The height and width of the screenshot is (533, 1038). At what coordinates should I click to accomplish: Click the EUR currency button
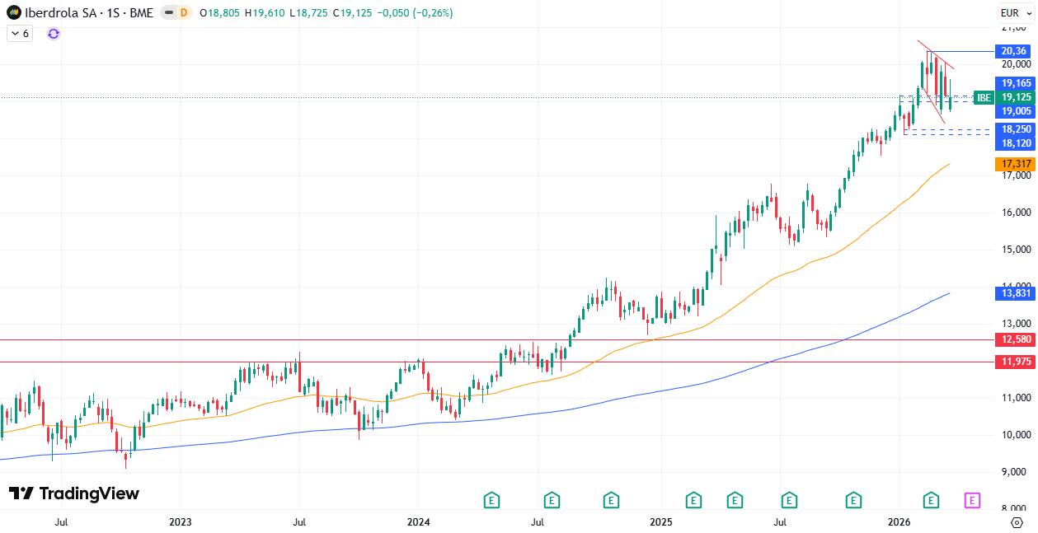(x=1010, y=12)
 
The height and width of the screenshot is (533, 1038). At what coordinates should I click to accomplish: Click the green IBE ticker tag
(x=984, y=97)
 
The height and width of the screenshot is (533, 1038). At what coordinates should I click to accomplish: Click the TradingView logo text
(x=73, y=493)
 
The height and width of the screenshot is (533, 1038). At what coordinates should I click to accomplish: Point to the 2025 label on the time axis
(x=660, y=522)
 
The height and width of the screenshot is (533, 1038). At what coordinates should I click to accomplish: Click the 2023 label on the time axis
(x=180, y=522)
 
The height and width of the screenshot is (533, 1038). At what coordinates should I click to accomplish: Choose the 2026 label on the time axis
(x=898, y=522)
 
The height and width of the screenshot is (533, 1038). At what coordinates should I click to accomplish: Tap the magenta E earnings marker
(x=972, y=500)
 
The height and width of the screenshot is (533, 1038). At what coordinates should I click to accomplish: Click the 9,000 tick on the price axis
(x=1016, y=472)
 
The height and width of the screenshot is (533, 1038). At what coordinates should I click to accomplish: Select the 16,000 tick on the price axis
(x=1016, y=213)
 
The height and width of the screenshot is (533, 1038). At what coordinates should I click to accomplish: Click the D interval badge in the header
(x=183, y=12)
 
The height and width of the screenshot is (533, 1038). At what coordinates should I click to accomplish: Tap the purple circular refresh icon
(x=54, y=33)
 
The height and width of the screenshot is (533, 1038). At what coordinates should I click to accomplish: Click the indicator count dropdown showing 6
(x=20, y=34)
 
